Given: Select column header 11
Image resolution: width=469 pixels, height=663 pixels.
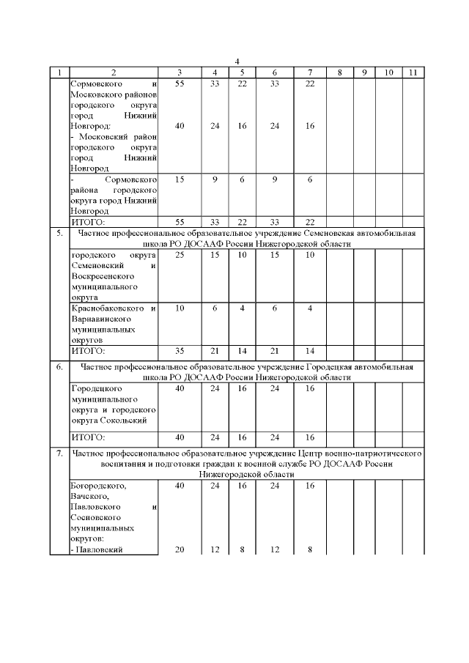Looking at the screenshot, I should click(x=413, y=72).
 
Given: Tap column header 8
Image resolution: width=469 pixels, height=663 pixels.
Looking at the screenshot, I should click(x=339, y=72).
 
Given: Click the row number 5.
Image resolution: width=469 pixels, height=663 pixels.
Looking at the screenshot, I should click(x=59, y=233).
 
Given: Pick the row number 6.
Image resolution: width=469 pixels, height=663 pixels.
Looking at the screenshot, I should click(x=59, y=366).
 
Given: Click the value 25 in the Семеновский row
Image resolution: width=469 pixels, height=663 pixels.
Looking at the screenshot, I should click(x=180, y=254).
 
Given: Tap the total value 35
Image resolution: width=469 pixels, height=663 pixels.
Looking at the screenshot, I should click(x=180, y=350).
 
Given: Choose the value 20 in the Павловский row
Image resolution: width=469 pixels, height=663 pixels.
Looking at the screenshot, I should click(x=180, y=550).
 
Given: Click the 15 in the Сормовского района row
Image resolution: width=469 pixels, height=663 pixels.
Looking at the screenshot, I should click(x=180, y=179).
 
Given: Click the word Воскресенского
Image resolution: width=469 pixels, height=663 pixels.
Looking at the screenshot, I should click(x=102, y=278).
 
